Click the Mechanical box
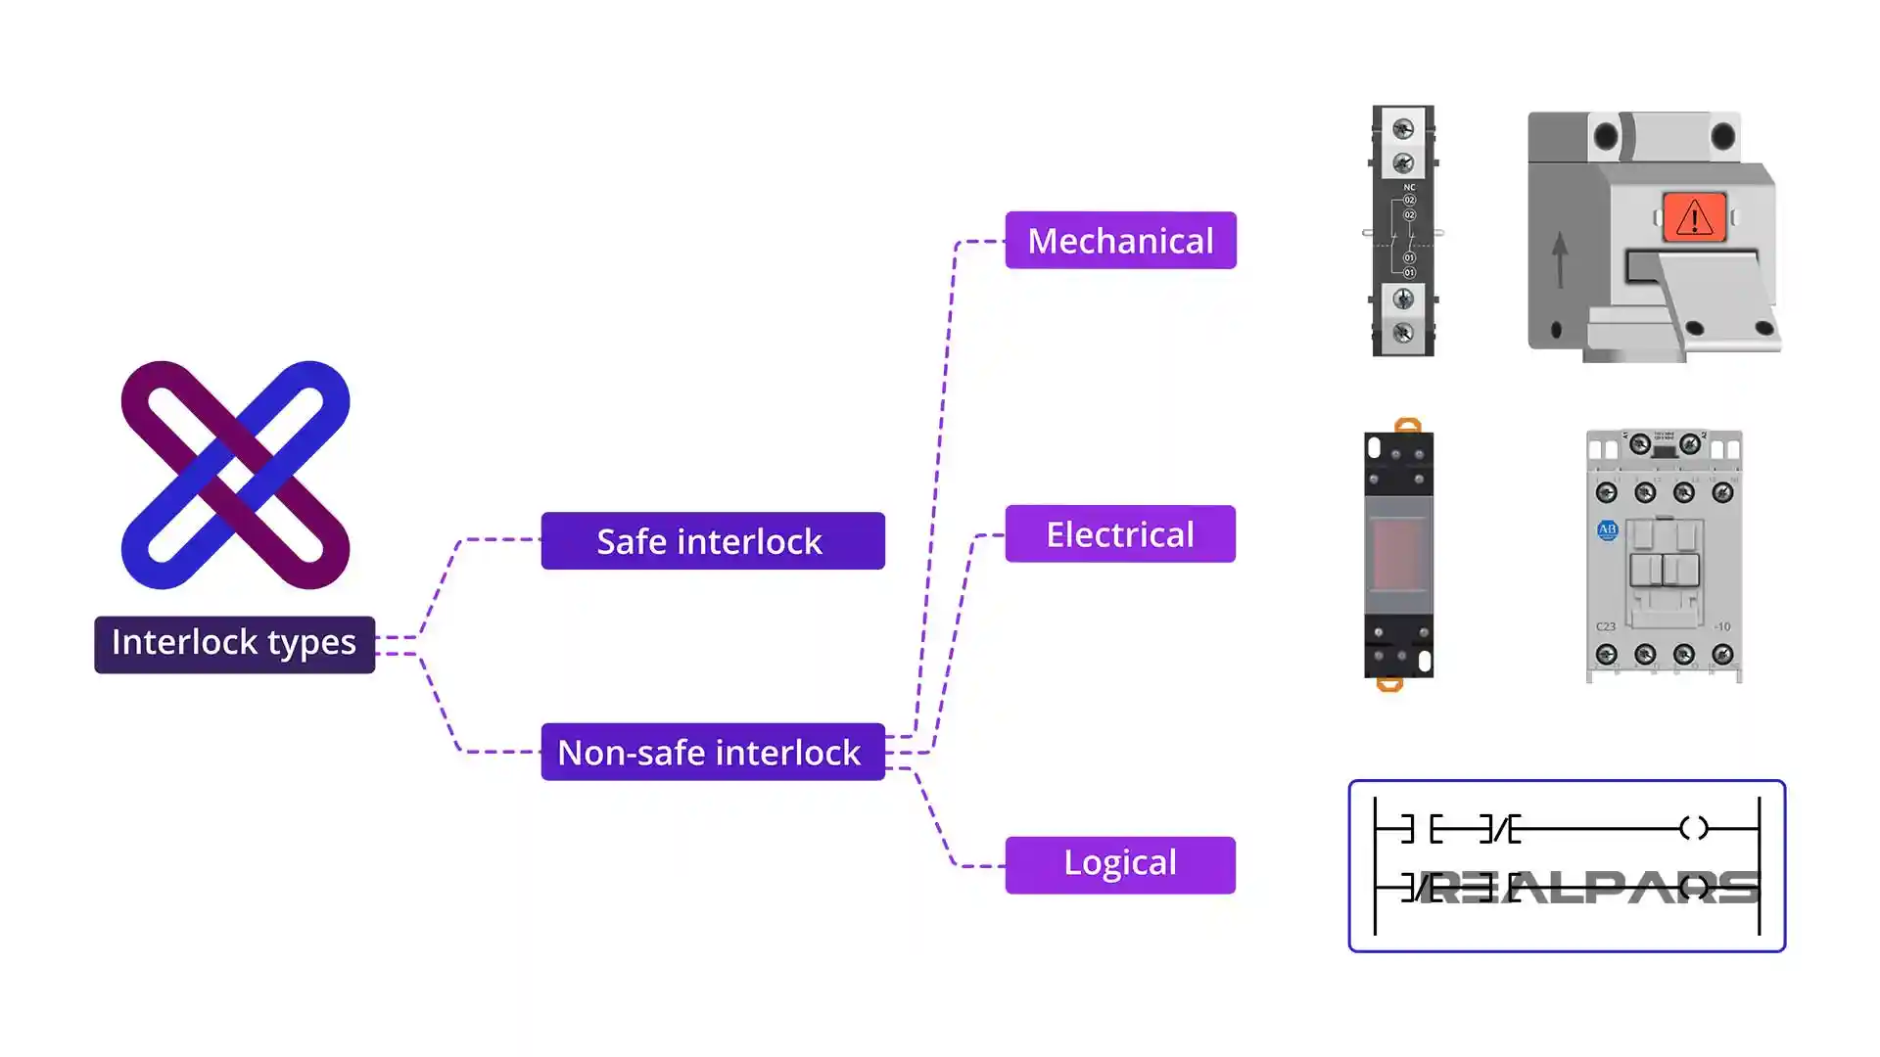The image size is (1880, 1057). (x=1120, y=241)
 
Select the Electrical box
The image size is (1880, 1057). (x=1120, y=534)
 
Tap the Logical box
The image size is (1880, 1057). (x=1120, y=864)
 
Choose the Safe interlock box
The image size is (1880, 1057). (x=712, y=541)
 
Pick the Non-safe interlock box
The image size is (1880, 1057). (x=712, y=753)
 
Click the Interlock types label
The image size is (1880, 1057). (x=234, y=644)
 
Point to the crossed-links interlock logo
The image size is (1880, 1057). (x=235, y=475)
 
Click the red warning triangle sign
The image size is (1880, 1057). (x=1694, y=217)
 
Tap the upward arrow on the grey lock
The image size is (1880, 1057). (x=1560, y=258)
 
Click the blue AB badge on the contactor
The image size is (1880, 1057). (x=1607, y=530)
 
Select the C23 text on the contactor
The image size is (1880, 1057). (x=1606, y=626)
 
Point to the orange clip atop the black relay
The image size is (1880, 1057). (x=1407, y=426)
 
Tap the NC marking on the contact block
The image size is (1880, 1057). (x=1409, y=187)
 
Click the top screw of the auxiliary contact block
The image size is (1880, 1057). (x=1403, y=129)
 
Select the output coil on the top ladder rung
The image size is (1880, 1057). (x=1693, y=829)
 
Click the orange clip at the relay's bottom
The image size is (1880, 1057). (x=1389, y=684)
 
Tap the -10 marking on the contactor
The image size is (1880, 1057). (x=1721, y=626)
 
